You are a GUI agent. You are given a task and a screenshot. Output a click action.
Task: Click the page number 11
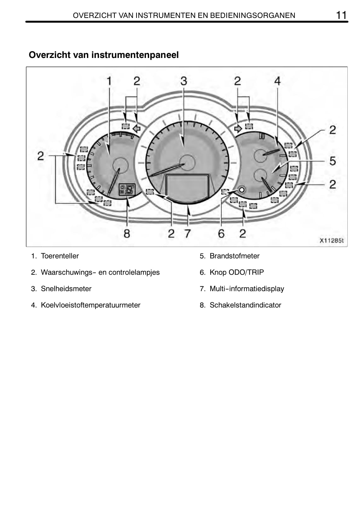click(341, 15)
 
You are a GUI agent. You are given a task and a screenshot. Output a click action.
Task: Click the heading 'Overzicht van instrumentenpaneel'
click(104, 55)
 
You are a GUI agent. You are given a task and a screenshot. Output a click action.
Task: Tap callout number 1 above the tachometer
click(109, 81)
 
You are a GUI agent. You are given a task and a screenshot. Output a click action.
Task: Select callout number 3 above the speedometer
click(184, 81)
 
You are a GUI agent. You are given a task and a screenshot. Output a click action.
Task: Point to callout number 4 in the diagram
click(277, 81)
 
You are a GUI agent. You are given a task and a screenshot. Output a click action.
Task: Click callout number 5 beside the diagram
click(333, 161)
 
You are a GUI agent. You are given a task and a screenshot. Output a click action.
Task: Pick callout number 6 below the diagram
click(221, 233)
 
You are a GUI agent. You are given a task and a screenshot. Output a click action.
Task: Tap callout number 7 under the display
click(188, 233)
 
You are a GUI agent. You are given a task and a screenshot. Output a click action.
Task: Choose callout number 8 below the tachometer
click(127, 233)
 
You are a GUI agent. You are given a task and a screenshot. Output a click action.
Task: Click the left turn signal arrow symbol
click(136, 128)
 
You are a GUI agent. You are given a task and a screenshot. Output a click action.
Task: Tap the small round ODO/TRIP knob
click(241, 190)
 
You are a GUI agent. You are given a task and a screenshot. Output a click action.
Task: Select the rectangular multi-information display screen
click(187, 186)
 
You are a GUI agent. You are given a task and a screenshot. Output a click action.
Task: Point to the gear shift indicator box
click(127, 189)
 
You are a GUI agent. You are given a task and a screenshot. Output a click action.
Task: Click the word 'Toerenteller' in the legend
click(60, 256)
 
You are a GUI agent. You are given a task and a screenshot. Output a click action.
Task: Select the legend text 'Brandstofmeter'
click(235, 256)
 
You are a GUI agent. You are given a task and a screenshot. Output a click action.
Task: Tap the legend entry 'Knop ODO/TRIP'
click(237, 272)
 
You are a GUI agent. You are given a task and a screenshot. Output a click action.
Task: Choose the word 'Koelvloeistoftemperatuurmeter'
click(90, 305)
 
